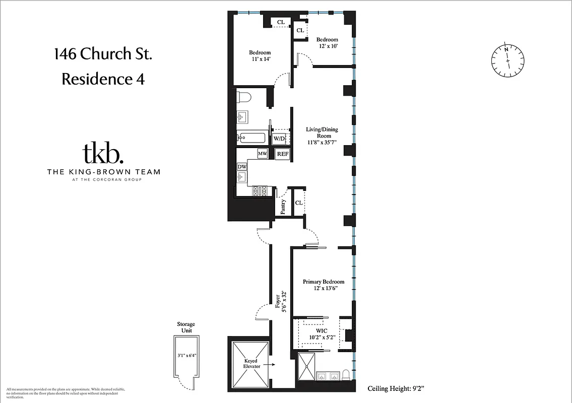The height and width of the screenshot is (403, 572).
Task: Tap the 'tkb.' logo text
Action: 103,154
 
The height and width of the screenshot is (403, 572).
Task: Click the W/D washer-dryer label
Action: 279,138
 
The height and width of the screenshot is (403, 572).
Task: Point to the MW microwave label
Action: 262,153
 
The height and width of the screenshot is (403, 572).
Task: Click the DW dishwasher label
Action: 242,166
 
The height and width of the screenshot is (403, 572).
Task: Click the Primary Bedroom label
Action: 324,285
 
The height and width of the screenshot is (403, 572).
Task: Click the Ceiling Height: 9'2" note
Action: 397,388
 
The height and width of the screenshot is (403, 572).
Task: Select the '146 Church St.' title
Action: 103,54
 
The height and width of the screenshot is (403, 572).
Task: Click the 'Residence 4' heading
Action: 103,79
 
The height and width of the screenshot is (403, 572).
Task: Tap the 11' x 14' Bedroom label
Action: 260,56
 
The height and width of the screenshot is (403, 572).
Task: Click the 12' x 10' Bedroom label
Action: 327,43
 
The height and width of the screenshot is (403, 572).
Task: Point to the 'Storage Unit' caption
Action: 185,327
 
